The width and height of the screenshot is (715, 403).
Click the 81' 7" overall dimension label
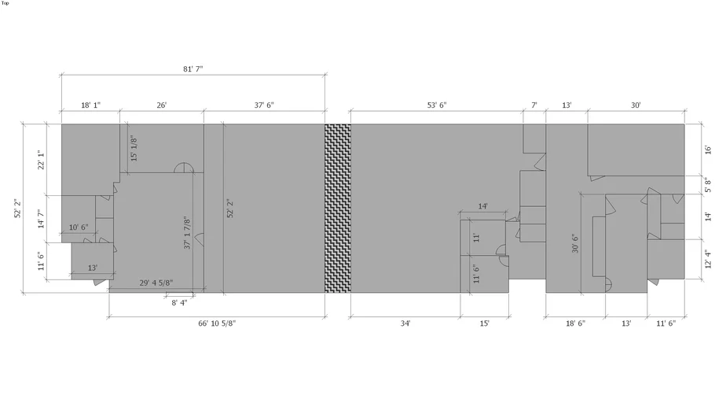pos(192,69)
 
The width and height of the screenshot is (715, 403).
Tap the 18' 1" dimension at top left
pos(90,105)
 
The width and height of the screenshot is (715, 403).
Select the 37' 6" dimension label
pos(264,105)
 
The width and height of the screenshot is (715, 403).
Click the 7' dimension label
pos(534,105)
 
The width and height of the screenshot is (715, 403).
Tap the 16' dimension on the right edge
pos(707,150)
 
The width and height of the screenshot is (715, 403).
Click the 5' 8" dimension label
pos(707,186)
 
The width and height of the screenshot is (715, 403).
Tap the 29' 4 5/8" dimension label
pos(156,283)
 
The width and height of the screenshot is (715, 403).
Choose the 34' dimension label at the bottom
pos(405,324)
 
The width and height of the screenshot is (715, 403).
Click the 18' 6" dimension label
pos(575,324)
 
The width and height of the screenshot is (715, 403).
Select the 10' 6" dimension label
pos(79,227)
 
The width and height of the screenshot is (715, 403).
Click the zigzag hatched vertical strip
pos(338,208)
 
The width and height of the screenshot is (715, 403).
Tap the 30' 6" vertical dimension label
pos(574,244)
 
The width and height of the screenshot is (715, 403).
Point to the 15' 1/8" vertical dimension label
pos(134,148)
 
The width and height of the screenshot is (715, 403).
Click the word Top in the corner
pos(5,3)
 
